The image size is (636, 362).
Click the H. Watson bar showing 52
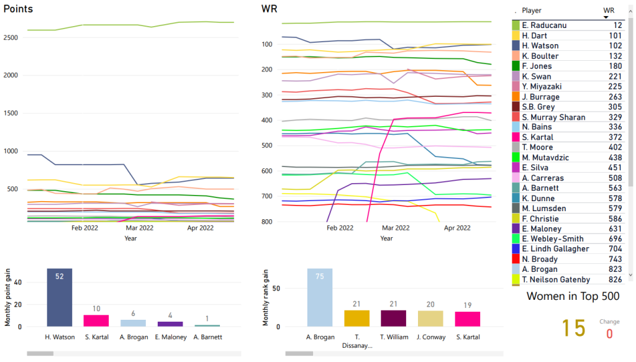60,297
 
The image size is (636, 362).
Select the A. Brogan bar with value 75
319,297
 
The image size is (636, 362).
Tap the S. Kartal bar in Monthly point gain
96,320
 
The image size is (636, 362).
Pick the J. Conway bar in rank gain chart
430,319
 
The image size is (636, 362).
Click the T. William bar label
393,338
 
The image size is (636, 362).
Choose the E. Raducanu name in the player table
542,25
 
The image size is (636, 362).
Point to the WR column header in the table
609,11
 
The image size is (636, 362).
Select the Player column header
532,11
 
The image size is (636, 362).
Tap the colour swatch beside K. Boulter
516,56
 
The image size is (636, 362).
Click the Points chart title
19,9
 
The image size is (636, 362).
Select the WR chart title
270,9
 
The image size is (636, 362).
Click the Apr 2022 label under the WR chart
457,228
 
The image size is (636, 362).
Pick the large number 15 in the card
573,328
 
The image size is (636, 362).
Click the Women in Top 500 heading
573,296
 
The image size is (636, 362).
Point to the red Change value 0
609,333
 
